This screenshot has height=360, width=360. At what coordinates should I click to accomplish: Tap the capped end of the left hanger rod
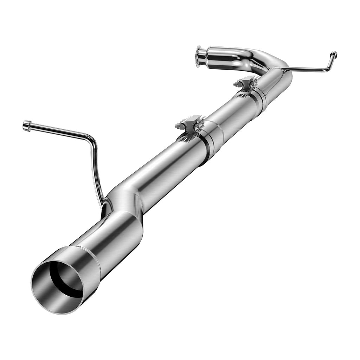(26, 125)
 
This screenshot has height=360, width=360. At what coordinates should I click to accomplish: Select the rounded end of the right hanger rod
(333, 54)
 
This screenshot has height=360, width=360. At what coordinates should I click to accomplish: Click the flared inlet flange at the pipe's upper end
(199, 56)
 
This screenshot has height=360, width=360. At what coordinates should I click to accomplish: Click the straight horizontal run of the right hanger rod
(306, 70)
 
